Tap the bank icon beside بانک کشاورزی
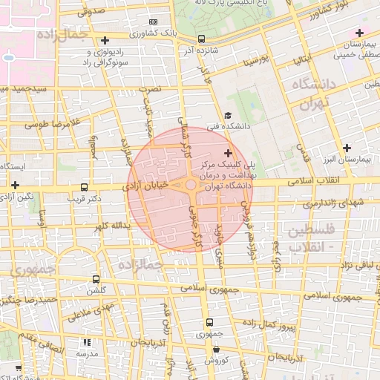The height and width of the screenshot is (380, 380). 153,23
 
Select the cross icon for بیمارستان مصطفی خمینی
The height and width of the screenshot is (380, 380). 359,33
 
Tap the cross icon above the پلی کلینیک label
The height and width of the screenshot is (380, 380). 227,153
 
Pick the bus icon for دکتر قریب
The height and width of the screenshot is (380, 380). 83,188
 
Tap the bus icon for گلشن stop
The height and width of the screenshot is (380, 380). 95,279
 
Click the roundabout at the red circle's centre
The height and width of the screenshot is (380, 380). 191,185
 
